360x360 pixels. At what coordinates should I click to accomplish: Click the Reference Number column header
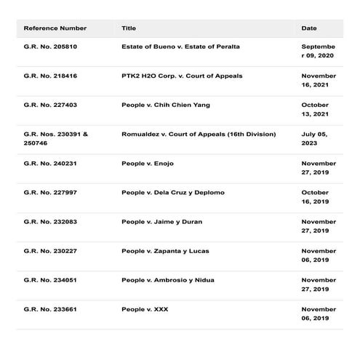point(55,28)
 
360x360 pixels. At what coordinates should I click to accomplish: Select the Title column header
point(129,28)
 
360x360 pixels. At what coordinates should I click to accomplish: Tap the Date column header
point(309,28)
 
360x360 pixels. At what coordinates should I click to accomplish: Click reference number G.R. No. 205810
point(50,47)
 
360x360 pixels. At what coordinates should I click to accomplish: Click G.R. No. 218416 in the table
point(50,76)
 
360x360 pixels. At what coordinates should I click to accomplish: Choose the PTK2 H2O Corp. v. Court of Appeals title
point(182,76)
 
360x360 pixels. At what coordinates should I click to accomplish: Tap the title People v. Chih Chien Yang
point(166,105)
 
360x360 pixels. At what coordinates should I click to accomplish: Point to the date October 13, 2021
point(315,110)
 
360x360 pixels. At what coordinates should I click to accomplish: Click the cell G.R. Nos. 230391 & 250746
point(56,139)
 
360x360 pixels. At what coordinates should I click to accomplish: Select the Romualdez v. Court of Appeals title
point(199,134)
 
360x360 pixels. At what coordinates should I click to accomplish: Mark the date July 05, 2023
point(315,139)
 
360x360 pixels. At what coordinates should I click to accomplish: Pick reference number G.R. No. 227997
point(50,193)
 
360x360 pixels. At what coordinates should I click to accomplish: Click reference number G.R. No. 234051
point(50,280)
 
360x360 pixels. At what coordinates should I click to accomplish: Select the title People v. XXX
point(145,309)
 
